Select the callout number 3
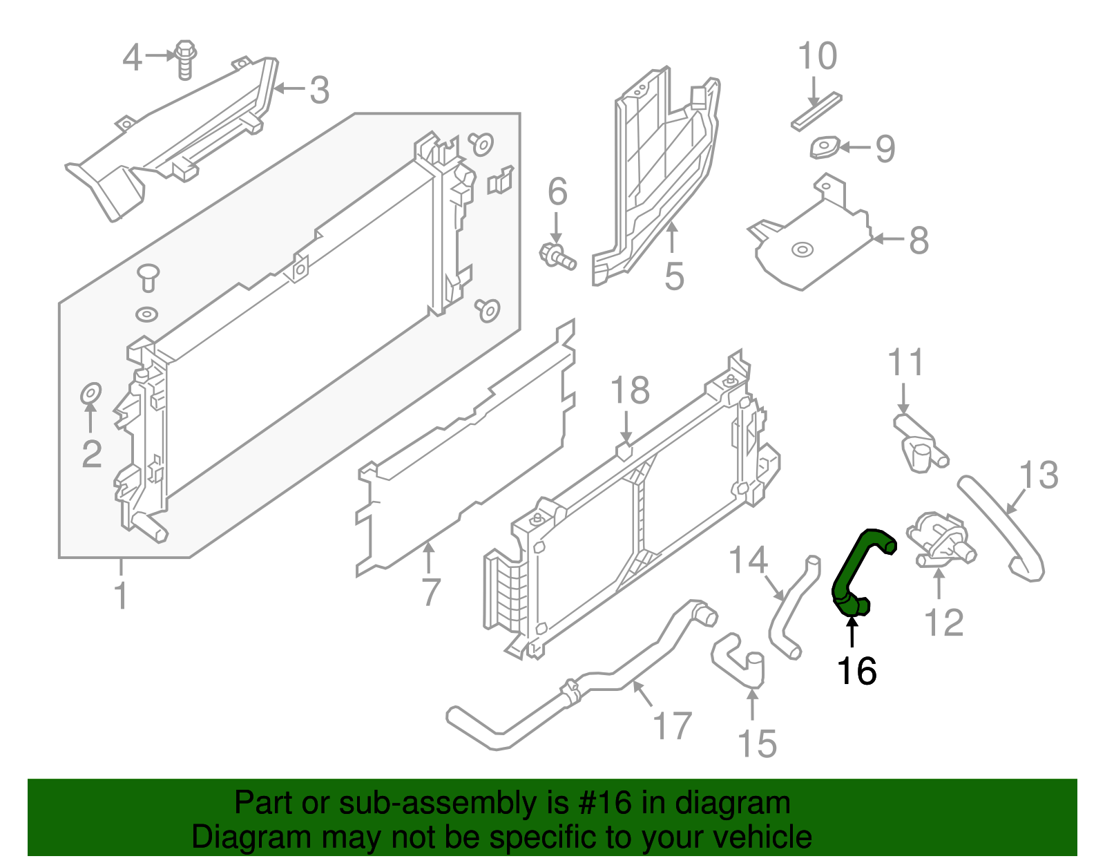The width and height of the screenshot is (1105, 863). click(318, 91)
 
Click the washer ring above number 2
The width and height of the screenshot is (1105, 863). click(91, 393)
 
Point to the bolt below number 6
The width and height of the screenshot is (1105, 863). click(556, 257)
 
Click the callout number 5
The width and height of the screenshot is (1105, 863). click(674, 276)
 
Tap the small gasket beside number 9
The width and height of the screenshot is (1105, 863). click(825, 148)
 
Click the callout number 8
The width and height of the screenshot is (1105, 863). click(919, 240)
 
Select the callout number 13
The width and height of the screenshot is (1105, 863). click(1039, 475)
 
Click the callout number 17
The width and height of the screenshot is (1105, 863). click(672, 726)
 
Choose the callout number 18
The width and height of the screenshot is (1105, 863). click(630, 390)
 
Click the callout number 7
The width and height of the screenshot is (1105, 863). click(431, 592)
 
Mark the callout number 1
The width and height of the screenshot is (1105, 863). click(121, 596)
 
